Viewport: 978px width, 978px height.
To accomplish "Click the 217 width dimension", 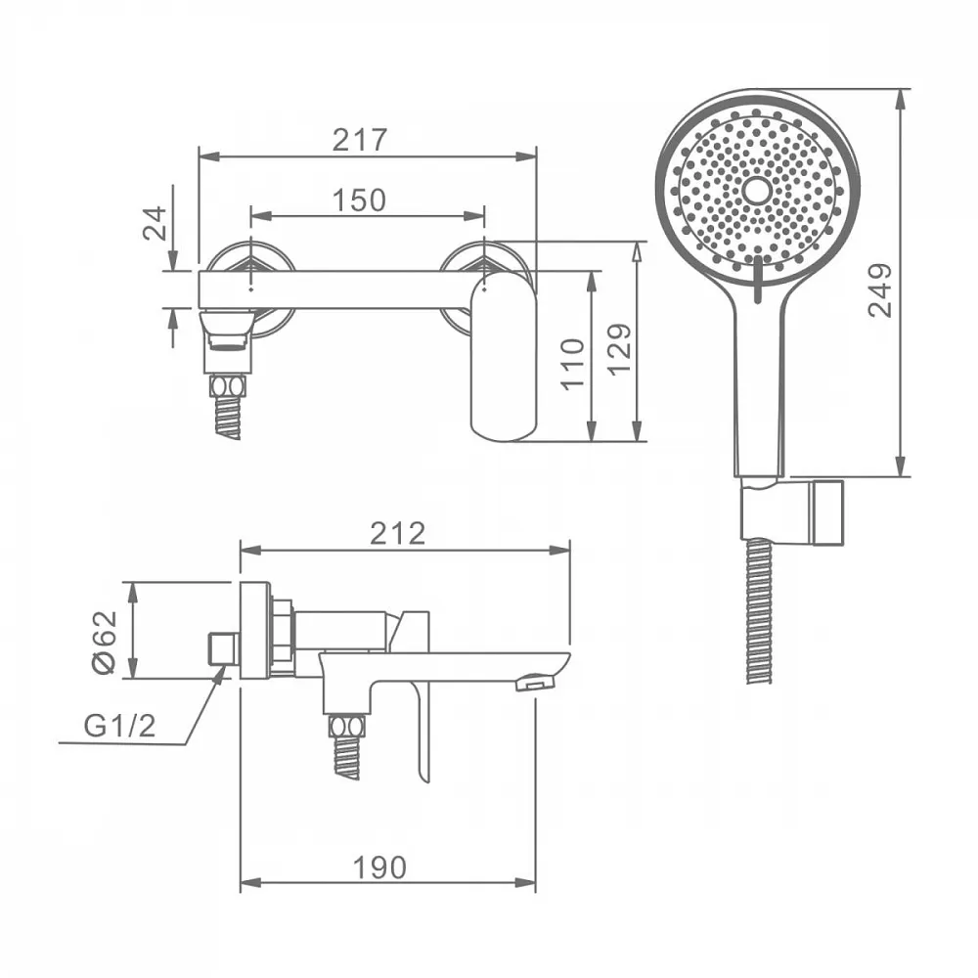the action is pyautogui.click(x=359, y=140).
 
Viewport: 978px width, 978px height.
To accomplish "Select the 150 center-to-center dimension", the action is pyautogui.click(x=359, y=200).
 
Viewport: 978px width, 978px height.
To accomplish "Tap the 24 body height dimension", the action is pyautogui.click(x=156, y=223).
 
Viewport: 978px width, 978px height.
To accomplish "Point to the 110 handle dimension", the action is pyautogui.click(x=572, y=364).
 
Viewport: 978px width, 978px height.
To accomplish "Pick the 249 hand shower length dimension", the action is pyautogui.click(x=880, y=290).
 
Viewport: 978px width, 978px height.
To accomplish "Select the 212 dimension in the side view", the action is pyautogui.click(x=397, y=533).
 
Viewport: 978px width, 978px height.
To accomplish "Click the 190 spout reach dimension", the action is pyautogui.click(x=379, y=867).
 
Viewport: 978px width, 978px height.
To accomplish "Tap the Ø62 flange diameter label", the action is pyautogui.click(x=105, y=642).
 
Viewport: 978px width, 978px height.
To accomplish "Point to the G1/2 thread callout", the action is pyautogui.click(x=119, y=726).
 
